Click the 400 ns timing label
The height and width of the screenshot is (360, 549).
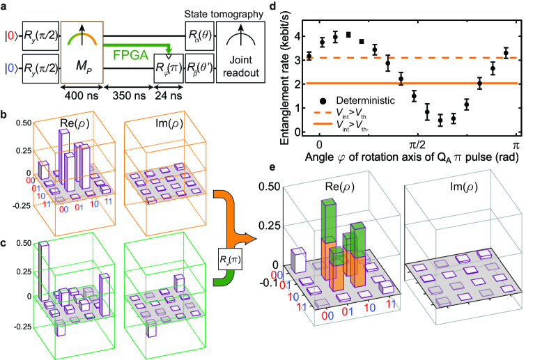82,93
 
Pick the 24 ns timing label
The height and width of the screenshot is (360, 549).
168,93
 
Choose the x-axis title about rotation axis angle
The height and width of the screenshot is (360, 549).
415,158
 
